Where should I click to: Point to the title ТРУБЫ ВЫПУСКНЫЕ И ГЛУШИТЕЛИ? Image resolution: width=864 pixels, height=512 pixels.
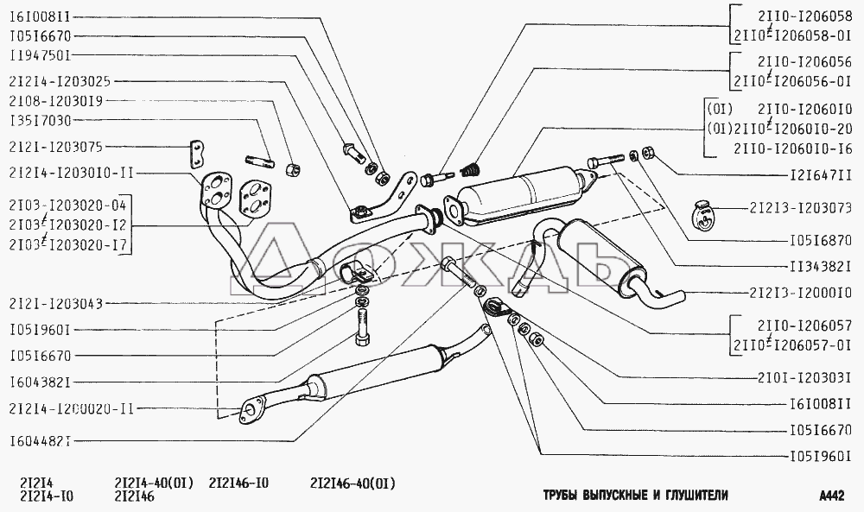[x=636, y=496]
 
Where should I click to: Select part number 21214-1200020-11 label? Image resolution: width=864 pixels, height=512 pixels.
[x=71, y=410]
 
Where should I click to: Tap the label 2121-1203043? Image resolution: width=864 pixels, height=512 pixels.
[x=58, y=303]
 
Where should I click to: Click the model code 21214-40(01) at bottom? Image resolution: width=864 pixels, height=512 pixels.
[x=155, y=483]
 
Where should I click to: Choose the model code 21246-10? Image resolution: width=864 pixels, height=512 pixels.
[x=238, y=483]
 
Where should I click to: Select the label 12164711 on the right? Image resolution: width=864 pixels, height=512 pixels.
[x=814, y=174]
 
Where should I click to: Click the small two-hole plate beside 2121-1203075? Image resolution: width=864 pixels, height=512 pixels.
[x=198, y=154]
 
